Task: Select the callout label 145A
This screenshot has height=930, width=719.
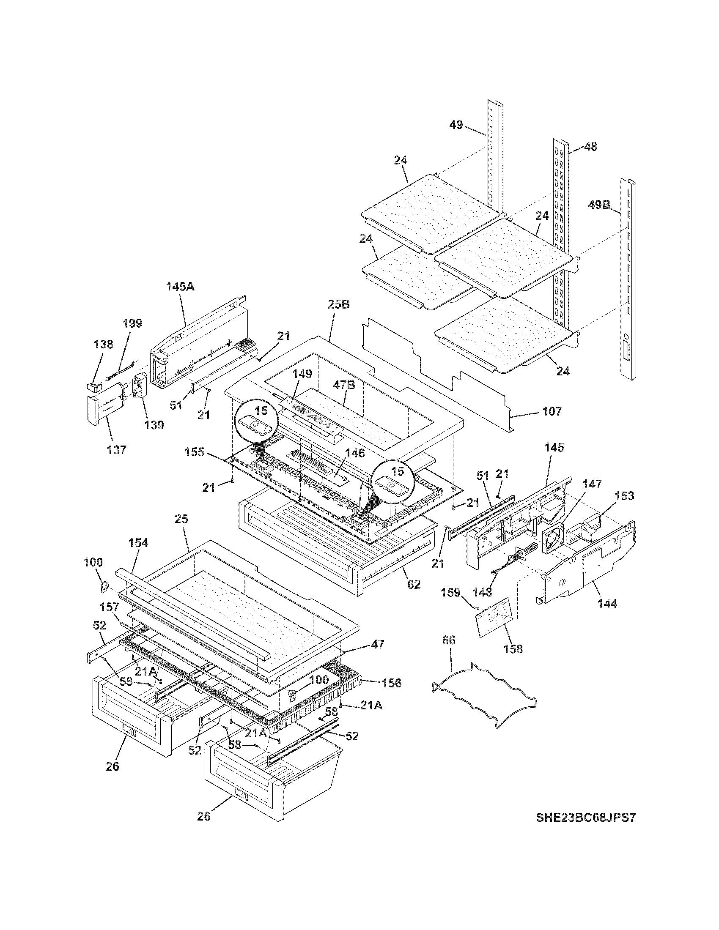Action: pyautogui.click(x=180, y=287)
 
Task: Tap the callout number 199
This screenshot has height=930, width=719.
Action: pyautogui.click(x=132, y=323)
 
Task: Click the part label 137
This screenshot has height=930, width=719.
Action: pyautogui.click(x=116, y=449)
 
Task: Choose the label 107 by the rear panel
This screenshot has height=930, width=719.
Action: pyautogui.click(x=552, y=411)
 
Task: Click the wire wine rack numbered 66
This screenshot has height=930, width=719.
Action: pyautogui.click(x=483, y=692)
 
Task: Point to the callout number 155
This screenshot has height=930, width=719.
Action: pyautogui.click(x=195, y=452)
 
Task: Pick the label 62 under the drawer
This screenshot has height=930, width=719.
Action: pyautogui.click(x=413, y=585)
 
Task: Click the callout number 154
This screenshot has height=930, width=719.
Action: pyautogui.click(x=138, y=542)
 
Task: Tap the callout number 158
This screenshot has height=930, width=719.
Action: pyautogui.click(x=513, y=648)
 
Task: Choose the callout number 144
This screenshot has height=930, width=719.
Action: pyautogui.click(x=607, y=603)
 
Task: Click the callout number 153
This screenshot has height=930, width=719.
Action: pyautogui.click(x=624, y=496)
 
